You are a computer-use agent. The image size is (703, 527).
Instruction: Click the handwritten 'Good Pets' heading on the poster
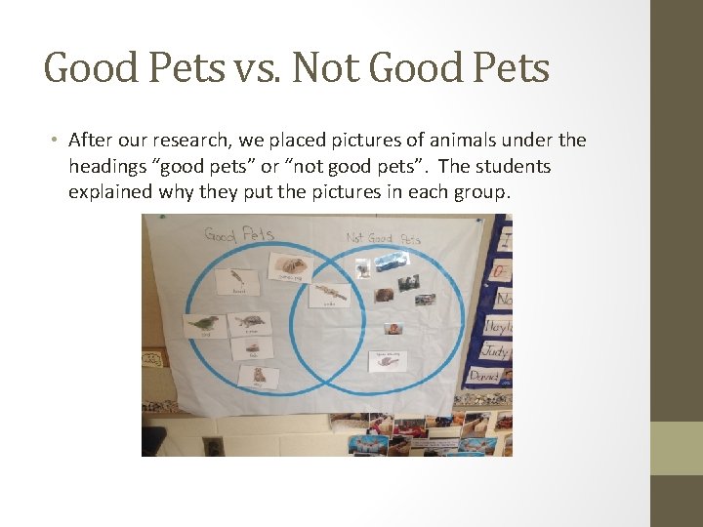(x=238, y=234)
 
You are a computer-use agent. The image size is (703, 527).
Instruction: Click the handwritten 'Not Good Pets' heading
(x=383, y=238)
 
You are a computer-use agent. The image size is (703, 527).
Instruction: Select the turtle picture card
(x=251, y=323)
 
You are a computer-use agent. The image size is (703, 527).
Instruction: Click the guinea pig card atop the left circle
(x=290, y=265)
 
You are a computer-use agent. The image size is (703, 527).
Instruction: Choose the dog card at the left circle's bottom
(x=259, y=376)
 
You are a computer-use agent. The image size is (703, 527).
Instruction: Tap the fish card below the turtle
(x=253, y=349)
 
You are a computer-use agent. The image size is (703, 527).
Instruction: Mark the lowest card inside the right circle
(x=388, y=359)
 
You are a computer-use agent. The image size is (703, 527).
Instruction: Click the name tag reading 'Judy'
(x=494, y=350)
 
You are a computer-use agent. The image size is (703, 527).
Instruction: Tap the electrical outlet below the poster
(x=213, y=447)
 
